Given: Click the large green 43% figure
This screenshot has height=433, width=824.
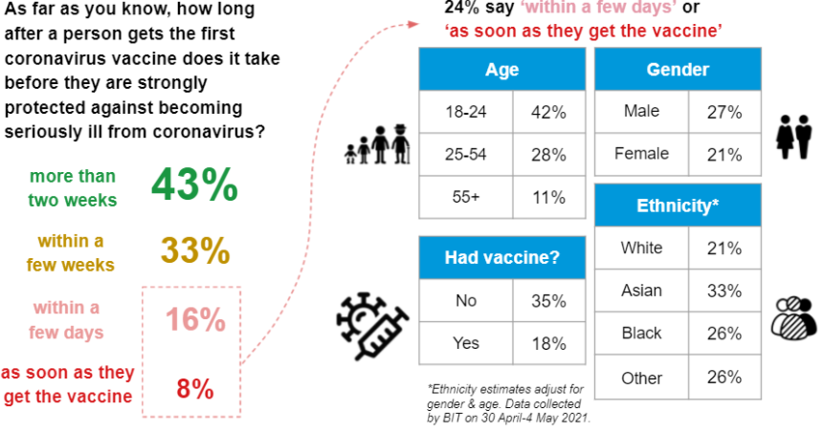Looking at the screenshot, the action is click(x=194, y=184).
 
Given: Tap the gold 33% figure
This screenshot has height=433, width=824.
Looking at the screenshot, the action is click(x=195, y=250).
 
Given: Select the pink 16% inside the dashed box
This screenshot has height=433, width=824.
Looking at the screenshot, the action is click(x=195, y=319).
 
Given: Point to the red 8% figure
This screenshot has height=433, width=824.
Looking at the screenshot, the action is click(x=195, y=389).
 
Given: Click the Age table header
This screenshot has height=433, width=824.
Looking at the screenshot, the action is click(x=501, y=69).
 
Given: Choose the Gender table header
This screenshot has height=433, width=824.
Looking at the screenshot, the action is click(x=678, y=69).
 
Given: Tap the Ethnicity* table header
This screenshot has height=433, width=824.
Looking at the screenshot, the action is click(x=678, y=206).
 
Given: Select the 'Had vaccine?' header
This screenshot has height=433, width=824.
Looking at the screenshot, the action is click(x=501, y=257).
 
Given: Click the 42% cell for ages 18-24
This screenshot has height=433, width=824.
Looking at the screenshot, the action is click(x=548, y=113).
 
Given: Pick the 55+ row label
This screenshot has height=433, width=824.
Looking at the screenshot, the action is click(x=466, y=197).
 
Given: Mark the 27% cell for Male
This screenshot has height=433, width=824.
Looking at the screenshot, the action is click(x=724, y=112).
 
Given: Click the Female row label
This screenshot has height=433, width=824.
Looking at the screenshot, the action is click(x=641, y=154).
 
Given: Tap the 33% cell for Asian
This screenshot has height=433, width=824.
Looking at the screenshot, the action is click(x=724, y=291).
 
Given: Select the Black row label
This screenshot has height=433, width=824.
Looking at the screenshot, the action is click(x=641, y=334).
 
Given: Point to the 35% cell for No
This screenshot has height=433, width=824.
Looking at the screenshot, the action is click(x=548, y=301).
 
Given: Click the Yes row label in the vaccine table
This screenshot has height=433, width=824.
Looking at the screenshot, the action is click(x=466, y=343).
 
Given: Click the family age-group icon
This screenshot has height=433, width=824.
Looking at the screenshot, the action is click(x=377, y=145).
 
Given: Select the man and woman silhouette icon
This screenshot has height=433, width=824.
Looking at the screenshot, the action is click(x=793, y=137).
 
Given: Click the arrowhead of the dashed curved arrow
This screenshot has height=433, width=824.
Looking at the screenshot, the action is click(x=413, y=24).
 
